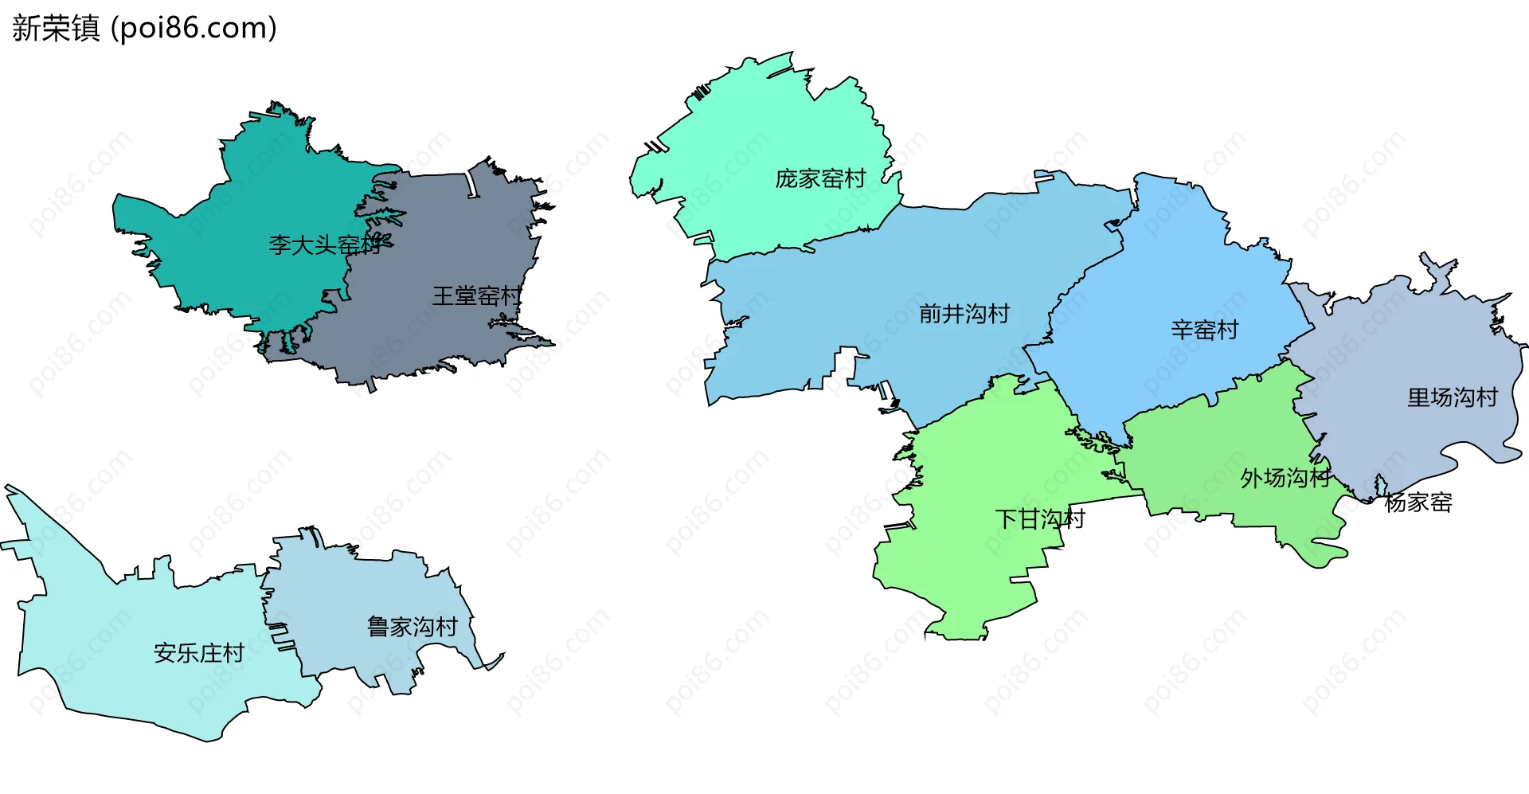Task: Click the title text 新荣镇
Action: click(56, 29)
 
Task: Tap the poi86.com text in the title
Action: click(194, 29)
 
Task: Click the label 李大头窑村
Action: click(325, 244)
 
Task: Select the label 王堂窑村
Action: click(476, 296)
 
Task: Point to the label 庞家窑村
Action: click(820, 178)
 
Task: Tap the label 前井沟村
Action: click(964, 314)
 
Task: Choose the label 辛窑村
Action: click(1204, 330)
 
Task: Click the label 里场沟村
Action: click(1452, 397)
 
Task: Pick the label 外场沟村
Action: click(1285, 478)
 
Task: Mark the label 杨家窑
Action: click(1418, 503)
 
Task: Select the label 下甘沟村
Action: click(1039, 519)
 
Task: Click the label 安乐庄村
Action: click(198, 653)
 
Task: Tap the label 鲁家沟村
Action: click(412, 627)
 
